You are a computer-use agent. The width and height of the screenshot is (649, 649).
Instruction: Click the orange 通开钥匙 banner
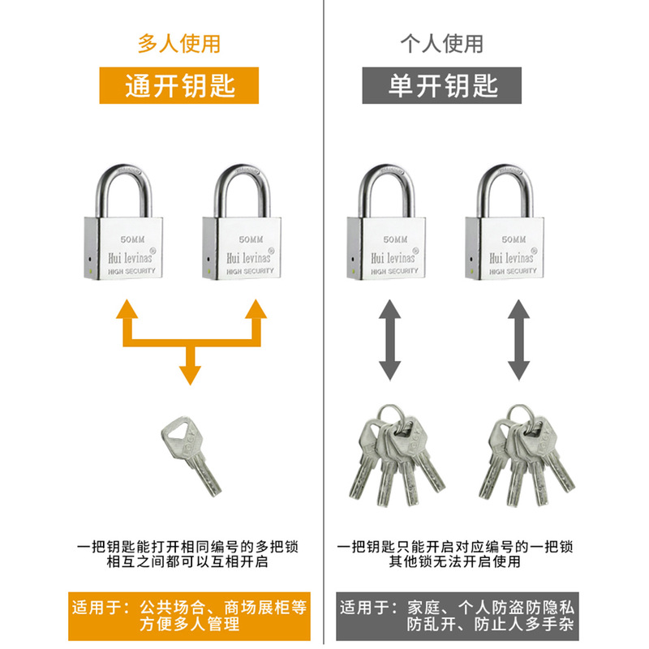coord(179,85)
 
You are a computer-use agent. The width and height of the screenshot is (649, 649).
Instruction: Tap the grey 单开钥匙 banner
coord(442,85)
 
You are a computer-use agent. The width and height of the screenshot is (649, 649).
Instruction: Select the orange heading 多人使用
coord(178,43)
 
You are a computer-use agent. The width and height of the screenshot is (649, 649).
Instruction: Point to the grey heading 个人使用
coord(442,43)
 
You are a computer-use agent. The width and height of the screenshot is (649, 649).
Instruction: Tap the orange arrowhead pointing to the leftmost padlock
coord(125,311)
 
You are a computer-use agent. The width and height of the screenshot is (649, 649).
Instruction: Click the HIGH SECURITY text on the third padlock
coord(393,271)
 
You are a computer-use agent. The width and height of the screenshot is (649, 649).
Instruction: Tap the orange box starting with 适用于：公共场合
coord(188,616)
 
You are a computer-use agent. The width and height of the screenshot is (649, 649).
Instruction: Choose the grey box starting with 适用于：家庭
coord(451,616)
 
